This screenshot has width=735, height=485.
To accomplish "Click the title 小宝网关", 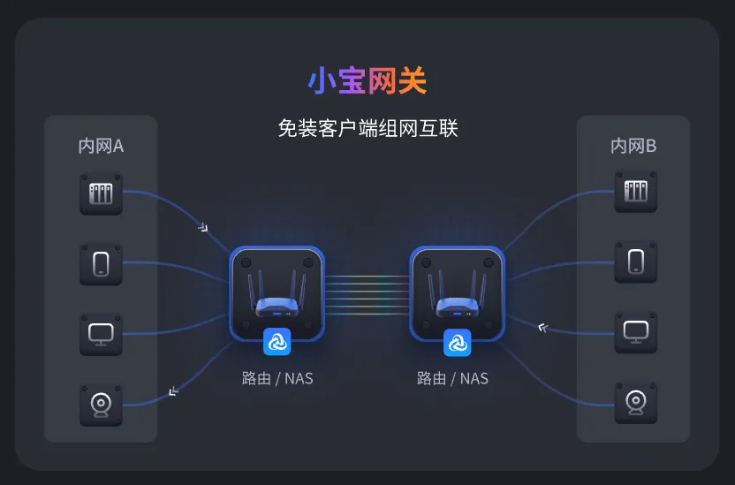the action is [367, 81].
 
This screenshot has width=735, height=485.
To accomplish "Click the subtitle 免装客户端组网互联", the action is [367, 129].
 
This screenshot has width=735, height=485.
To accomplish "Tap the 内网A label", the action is [101, 147].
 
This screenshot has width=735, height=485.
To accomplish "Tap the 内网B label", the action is [633, 147].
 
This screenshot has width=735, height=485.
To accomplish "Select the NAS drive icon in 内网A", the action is [101, 193].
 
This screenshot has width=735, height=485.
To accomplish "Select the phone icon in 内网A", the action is [101, 264].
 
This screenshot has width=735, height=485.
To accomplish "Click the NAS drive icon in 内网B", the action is [635, 191].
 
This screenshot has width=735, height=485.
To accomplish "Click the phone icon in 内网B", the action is [635, 261].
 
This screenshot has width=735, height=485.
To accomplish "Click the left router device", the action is [277, 293].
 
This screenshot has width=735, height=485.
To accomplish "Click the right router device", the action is [457, 293].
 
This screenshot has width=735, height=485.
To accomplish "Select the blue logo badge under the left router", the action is [277, 342].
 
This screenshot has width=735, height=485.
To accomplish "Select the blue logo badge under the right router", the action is [457, 342].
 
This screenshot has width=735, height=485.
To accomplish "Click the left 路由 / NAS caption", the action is [277, 379].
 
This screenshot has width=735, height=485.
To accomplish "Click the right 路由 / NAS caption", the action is [452, 379].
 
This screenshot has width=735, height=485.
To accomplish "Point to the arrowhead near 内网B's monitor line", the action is [543, 328].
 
